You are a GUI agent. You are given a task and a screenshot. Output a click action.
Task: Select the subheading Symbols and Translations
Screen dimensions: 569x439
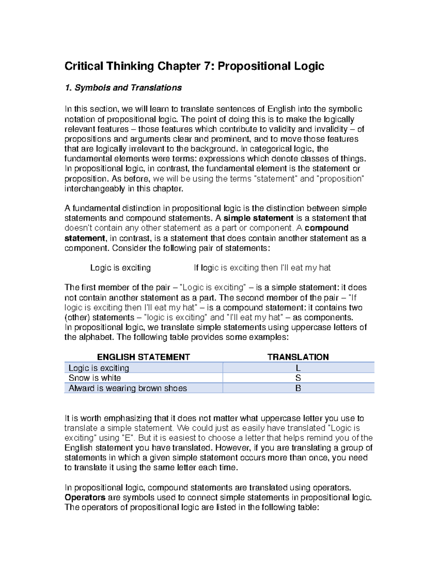coord(128,88)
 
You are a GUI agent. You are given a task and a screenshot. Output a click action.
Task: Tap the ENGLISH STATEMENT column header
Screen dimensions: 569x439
coord(143,357)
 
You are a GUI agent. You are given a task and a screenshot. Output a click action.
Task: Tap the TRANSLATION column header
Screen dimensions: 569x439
coord(298,357)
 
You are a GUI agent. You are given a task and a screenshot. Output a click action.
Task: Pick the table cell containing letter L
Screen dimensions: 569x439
coord(298,368)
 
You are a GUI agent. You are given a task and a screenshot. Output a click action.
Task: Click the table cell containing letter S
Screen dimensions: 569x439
coord(298,378)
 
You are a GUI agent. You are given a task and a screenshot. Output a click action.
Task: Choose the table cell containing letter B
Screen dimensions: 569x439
coord(298,388)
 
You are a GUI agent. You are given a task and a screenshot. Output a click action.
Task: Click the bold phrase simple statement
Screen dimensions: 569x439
coord(258,218)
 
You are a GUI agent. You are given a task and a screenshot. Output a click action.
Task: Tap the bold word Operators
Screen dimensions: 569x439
coord(85,498)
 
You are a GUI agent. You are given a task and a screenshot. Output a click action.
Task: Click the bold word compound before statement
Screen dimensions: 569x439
coord(326,228)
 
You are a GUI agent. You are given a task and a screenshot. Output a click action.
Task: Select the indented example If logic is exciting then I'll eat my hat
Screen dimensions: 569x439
coord(262,268)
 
